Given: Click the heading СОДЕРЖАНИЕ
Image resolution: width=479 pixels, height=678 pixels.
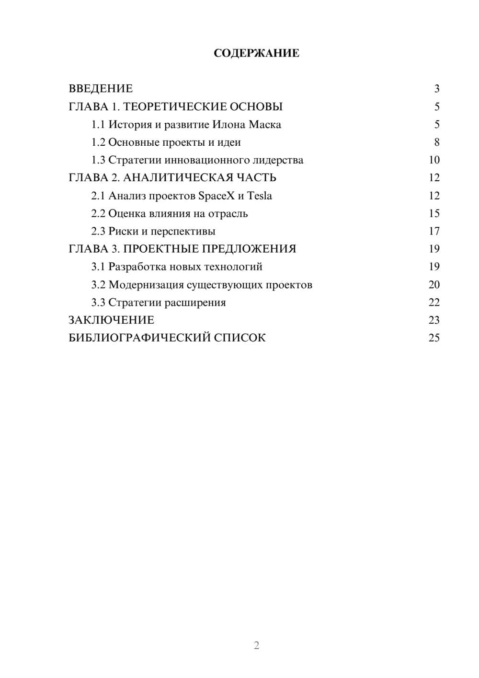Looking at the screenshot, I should coord(256,53).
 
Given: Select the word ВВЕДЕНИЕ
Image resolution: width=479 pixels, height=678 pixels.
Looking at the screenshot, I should coord(101,89).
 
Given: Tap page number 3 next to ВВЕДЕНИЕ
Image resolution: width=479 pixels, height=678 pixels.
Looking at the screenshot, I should coord(436,89).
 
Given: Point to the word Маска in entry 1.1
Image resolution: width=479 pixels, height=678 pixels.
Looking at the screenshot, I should coord(265,125).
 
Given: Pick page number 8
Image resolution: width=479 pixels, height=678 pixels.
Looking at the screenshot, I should coord(436,142).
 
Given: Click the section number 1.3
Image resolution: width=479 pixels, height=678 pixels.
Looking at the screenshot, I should coord(98,160).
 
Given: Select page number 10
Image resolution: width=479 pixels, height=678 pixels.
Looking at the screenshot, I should coord(434,160).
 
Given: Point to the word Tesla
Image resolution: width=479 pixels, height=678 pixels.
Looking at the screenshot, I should coord(259,196).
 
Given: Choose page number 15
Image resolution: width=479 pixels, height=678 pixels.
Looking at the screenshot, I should coord(434,213).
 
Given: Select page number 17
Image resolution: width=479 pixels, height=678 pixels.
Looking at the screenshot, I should coord(434,231).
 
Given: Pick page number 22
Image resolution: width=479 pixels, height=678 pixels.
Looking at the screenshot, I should coord(434,303).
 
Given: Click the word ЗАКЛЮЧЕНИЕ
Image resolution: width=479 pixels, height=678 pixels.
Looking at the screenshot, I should coord(111,320).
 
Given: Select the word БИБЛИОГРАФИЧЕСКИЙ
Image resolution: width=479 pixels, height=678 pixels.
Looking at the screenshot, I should coord(139,338).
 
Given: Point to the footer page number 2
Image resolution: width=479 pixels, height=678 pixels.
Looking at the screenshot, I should coord(256,645).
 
